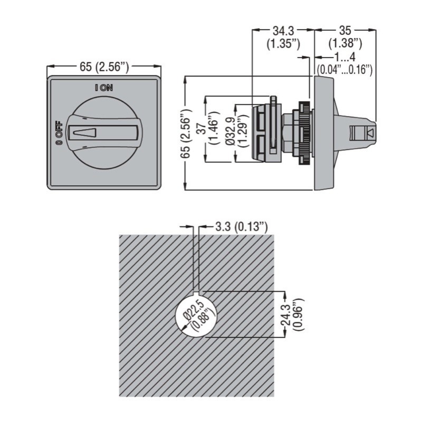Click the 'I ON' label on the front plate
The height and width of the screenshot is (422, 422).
tap(104, 88)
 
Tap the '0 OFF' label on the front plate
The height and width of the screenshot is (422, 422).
tap(59, 133)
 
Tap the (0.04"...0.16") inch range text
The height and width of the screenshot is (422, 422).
tap(345, 69)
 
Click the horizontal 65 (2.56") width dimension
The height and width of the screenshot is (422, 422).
tap(104, 66)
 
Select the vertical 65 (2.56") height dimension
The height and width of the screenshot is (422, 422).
tap(185, 132)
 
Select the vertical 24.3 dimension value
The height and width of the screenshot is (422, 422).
tap(285, 314)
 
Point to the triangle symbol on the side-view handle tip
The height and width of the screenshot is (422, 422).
tap(370, 132)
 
